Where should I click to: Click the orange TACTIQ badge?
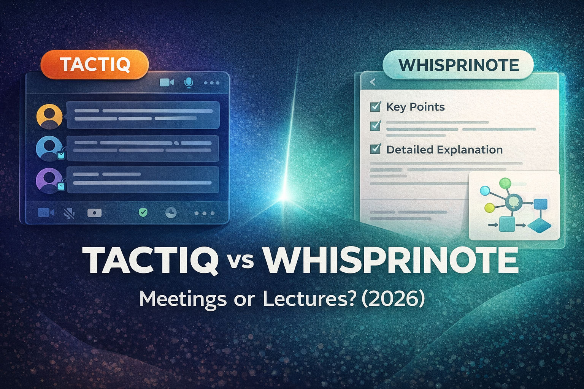[x=95, y=64]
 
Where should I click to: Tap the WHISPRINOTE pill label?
[x=458, y=65]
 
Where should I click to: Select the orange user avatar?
[x=49, y=117]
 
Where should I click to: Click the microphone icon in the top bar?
[x=189, y=82]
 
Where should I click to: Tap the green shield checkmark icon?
[x=143, y=212]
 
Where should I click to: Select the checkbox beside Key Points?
[x=375, y=107]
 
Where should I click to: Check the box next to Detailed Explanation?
[x=375, y=149]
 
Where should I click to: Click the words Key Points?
[x=415, y=107]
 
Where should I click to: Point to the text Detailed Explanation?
[x=444, y=150]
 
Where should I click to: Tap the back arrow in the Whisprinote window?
[x=373, y=82]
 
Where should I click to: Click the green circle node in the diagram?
[x=505, y=183]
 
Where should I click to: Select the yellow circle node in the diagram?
[x=489, y=208]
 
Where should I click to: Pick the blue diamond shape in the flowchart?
[x=539, y=226]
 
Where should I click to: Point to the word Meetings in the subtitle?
[x=183, y=300]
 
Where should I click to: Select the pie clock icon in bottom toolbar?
[x=171, y=212]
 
